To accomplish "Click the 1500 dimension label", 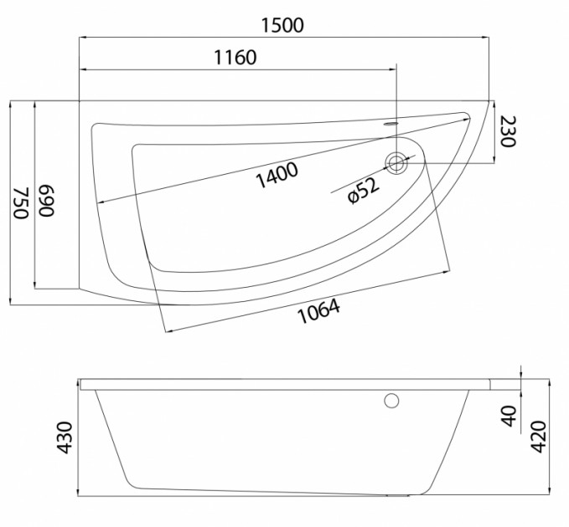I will click(x=282, y=25).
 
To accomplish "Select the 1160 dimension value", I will click(x=235, y=58).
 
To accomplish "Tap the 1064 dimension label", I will click(x=318, y=312).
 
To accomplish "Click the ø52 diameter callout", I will click(x=364, y=190).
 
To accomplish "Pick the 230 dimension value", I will click(x=508, y=132).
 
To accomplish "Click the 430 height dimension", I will click(x=65, y=437).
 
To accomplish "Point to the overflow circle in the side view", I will click(x=391, y=401).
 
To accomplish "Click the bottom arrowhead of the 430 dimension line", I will click(x=80, y=491).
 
